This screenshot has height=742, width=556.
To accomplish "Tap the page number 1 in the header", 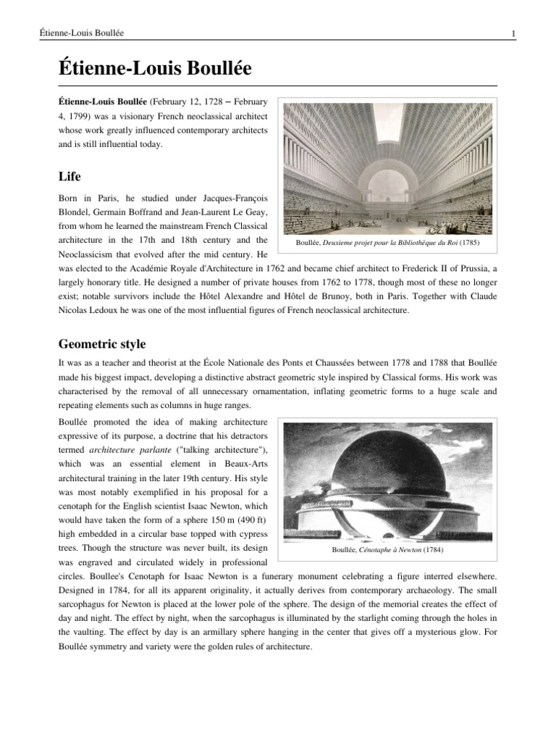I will click(x=513, y=33).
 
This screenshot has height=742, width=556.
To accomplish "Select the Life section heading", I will click(x=69, y=176).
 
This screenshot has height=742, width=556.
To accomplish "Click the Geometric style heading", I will click(x=103, y=343).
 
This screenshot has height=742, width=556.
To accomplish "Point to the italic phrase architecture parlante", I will click(x=123, y=450).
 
